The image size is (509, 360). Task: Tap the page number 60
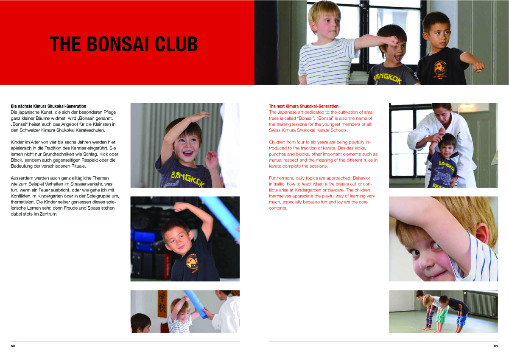coord(13,346)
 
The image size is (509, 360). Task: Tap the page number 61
coord(495,346)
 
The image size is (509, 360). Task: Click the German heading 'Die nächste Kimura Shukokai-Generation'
coord(48,106)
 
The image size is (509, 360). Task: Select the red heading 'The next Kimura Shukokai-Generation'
coord(304,106)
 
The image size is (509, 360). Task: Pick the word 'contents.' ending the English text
coord(278,208)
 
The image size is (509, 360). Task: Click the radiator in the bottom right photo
coord(480,303)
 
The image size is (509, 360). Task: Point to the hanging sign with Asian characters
coord(162,303)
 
